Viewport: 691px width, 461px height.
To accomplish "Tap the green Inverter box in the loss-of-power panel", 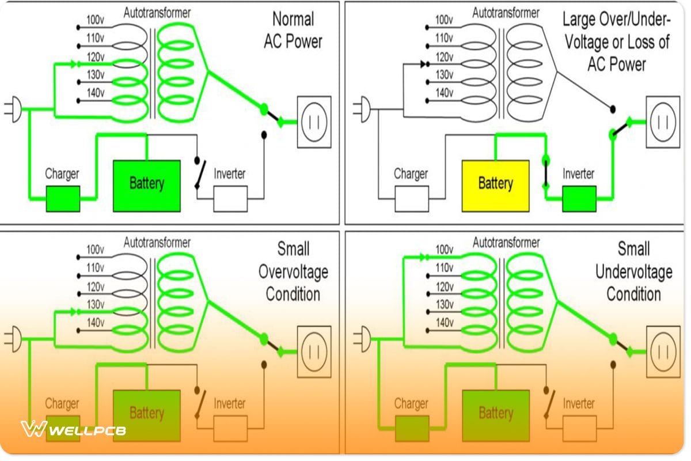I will click(x=579, y=199).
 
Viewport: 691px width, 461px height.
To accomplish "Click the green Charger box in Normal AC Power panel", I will click(x=63, y=199).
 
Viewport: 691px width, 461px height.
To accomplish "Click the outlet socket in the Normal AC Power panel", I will click(x=314, y=122).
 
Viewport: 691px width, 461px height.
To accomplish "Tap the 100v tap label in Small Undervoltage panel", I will click(x=444, y=250).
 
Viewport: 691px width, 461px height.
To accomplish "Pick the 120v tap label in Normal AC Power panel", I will click(x=95, y=56).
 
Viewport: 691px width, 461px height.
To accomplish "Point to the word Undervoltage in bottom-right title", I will click(x=633, y=272).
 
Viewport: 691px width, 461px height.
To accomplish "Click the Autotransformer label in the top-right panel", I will click(x=506, y=12).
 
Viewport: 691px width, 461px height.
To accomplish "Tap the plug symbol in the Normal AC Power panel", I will click(x=15, y=109).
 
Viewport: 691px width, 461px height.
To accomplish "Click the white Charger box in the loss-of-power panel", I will click(x=411, y=199).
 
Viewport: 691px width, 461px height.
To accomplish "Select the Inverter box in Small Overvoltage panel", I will click(x=230, y=428).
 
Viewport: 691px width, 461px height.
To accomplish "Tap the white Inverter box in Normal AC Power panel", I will click(x=230, y=199).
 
